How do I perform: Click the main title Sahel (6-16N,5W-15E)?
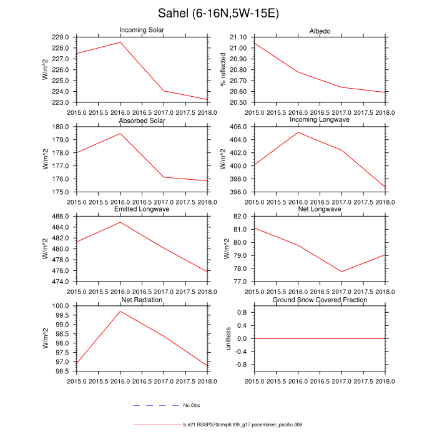tap(218, 14)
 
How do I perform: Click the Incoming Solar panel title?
tap(142, 31)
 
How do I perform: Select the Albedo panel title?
tap(320, 31)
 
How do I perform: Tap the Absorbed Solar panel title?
tap(142, 120)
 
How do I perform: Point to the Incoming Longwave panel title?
tap(320, 120)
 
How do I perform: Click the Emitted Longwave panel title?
tap(142, 210)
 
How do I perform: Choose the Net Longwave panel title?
tap(320, 210)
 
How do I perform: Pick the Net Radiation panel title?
tap(142, 300)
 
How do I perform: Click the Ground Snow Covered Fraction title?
tap(320, 300)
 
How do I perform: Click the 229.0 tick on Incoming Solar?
tap(62, 37)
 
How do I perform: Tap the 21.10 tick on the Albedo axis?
tap(240, 37)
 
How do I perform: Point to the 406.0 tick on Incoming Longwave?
tap(240, 127)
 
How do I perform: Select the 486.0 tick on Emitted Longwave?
tap(62, 217)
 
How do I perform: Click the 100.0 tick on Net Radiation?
tap(62, 307)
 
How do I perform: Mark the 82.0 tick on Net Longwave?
tap(242, 217)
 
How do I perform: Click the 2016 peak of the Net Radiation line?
tap(120, 311)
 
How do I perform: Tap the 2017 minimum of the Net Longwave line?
tap(341, 272)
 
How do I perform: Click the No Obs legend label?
tap(191, 406)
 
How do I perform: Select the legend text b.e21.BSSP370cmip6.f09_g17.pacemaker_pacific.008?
tap(243, 425)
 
